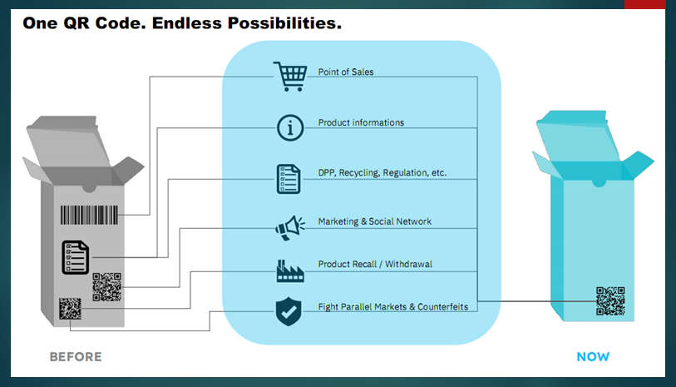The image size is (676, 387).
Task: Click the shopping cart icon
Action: click(x=289, y=76)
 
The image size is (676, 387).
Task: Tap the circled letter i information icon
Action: click(x=289, y=127)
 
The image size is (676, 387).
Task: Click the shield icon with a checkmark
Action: click(x=288, y=312)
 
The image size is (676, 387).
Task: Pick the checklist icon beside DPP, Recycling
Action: click(x=289, y=177)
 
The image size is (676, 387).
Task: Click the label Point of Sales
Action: click(x=346, y=72)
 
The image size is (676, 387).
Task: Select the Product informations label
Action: click(x=361, y=123)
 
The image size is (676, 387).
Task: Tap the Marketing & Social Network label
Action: click(x=374, y=222)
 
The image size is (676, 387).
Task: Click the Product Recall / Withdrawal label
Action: click(x=375, y=265)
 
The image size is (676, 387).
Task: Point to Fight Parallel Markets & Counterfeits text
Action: click(x=392, y=307)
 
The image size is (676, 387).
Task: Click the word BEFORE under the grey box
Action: click(x=76, y=357)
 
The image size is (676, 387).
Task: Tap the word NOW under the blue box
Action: click(x=593, y=357)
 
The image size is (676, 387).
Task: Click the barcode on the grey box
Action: click(x=87, y=216)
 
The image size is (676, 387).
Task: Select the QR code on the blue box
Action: click(x=609, y=300)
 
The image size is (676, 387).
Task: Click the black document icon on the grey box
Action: click(x=75, y=257)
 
